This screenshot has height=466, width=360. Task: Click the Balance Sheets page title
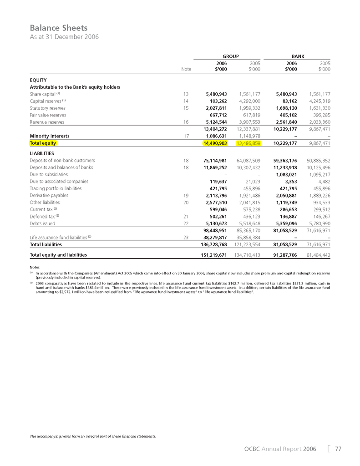58,28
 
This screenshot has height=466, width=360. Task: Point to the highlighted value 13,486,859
248,143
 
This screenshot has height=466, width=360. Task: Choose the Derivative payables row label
50,195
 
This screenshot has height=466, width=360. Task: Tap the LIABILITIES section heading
42,153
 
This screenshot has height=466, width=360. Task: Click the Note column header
186,69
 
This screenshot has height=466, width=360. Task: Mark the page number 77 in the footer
338,449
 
